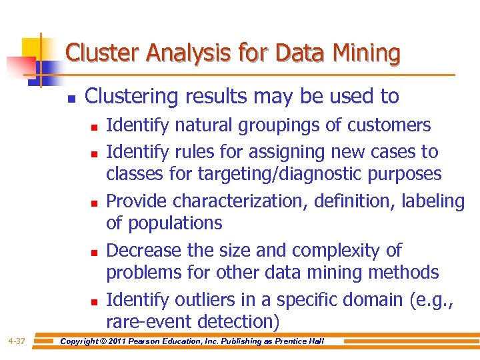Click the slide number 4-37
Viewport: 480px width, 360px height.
17,341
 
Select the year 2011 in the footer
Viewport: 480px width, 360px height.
123,341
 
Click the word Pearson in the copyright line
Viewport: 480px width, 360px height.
154,341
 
